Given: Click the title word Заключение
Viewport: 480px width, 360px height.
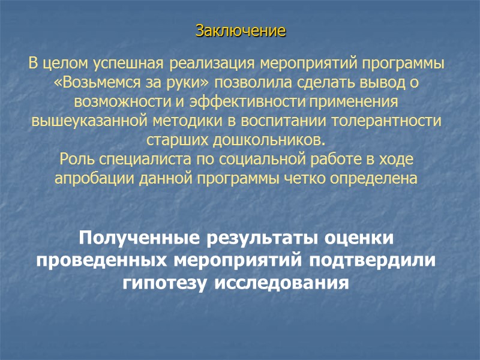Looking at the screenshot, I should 240,30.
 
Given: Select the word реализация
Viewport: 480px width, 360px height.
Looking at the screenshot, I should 206,63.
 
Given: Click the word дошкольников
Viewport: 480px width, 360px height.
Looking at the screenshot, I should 269,140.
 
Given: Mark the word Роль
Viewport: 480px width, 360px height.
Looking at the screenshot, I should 74,160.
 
